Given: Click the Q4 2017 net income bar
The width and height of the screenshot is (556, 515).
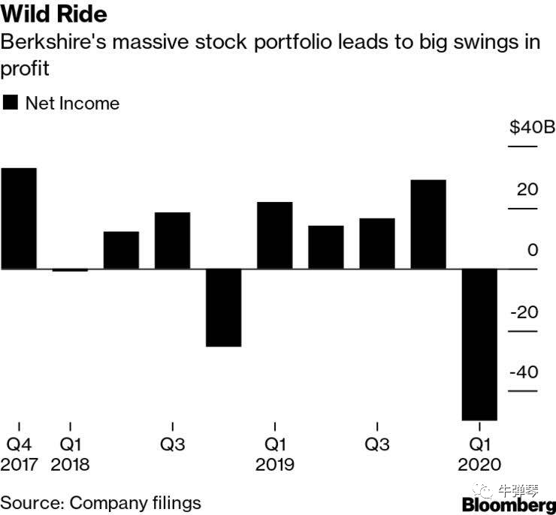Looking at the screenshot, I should [x=19, y=218].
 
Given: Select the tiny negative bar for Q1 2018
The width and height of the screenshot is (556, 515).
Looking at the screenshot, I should [x=70, y=270].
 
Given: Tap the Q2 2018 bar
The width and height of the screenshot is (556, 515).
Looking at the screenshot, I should [x=121, y=250].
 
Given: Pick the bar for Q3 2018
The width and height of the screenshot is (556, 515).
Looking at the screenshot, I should [x=172, y=240].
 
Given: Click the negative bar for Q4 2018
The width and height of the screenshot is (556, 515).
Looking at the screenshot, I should [x=223, y=307].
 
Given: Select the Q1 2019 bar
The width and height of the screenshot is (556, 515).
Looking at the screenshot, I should [x=274, y=235].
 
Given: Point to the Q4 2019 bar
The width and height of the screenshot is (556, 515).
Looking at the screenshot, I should [x=428, y=224].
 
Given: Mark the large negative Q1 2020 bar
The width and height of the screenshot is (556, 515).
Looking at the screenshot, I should [x=479, y=344].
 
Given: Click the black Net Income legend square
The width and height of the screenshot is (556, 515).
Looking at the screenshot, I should [x=11, y=103].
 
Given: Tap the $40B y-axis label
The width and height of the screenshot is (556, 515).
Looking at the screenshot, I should [x=531, y=128].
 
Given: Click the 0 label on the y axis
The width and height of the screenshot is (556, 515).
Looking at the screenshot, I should [x=533, y=250].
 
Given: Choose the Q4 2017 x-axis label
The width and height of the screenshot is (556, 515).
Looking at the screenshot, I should [x=19, y=454].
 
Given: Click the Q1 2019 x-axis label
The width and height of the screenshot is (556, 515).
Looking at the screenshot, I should [x=274, y=454].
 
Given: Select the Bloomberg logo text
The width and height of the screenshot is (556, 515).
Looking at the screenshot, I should [x=509, y=505].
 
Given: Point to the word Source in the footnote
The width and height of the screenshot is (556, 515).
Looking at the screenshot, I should [x=30, y=502].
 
